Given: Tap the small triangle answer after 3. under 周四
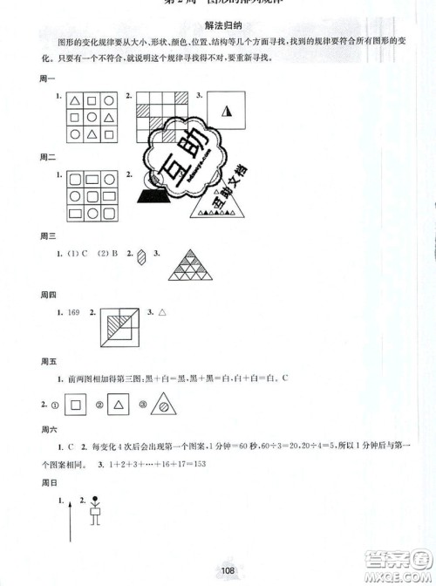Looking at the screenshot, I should [x=161, y=311].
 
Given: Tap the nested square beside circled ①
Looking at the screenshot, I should [x=77, y=405].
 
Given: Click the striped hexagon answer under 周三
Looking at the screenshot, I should [x=141, y=257].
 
